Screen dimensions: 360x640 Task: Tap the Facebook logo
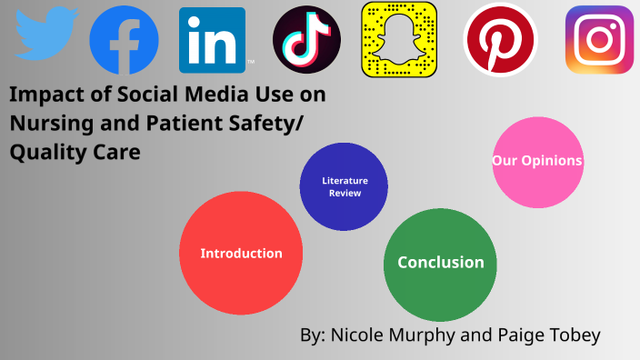(x=124, y=40)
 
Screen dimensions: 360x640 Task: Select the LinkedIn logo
(x=212, y=40)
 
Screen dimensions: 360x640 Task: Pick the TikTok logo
(x=306, y=41)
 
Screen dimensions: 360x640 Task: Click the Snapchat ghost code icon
(x=399, y=40)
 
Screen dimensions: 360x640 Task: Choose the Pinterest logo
(x=499, y=40)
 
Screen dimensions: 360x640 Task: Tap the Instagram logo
(x=599, y=40)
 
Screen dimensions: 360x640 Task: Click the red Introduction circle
(x=241, y=254)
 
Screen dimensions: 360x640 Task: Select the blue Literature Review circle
(x=345, y=186)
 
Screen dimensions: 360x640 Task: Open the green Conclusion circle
(x=440, y=263)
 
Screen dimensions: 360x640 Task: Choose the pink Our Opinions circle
(x=537, y=162)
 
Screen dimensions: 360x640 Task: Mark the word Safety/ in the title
(x=294, y=123)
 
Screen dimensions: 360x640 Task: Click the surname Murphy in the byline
(x=426, y=335)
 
